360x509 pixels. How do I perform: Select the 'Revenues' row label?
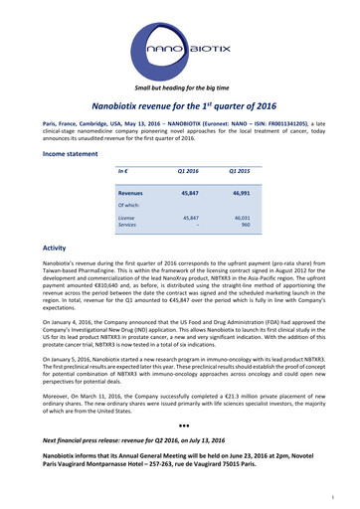pos(132,191)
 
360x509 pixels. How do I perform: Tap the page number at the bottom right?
pos(341,492)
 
